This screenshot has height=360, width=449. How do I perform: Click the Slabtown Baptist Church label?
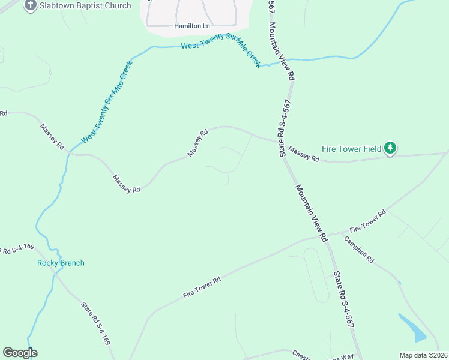tap(85, 6)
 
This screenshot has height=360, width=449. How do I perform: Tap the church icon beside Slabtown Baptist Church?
tap(31, 5)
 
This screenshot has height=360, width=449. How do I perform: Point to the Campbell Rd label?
tap(359, 250)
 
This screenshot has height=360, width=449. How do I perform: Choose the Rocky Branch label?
tap(61, 263)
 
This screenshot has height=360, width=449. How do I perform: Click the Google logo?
tap(20, 353)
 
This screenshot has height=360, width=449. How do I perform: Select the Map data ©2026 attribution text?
tap(424, 355)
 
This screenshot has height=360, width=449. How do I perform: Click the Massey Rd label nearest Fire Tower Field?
tap(304, 154)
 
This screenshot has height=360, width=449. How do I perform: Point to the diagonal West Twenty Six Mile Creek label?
tap(107, 101)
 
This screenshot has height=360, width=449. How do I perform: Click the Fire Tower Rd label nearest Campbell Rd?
tap(367, 221)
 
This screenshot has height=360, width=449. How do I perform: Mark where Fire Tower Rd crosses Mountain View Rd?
tap(325, 236)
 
